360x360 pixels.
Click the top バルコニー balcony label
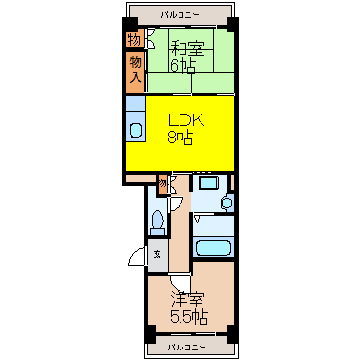pos(180,15)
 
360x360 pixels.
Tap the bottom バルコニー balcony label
pos(186,347)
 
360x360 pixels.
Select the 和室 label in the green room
pos(187,50)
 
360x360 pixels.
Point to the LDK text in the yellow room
pos(185,121)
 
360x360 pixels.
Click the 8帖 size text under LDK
pos(180,138)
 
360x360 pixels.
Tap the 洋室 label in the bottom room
pos(188,299)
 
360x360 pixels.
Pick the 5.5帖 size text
pos(189,316)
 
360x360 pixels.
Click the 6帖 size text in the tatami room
pos(182,66)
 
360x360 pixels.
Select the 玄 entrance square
pos(158,255)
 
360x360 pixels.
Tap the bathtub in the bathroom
pos(214,247)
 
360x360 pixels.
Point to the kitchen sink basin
pos(137,130)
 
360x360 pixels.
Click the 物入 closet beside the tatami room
pos(136,72)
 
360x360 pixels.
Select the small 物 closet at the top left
pos(134,39)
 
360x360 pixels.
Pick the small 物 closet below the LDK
pos(163,184)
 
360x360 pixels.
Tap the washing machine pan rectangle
pos(208,183)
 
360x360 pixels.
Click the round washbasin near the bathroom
pos(227,202)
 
